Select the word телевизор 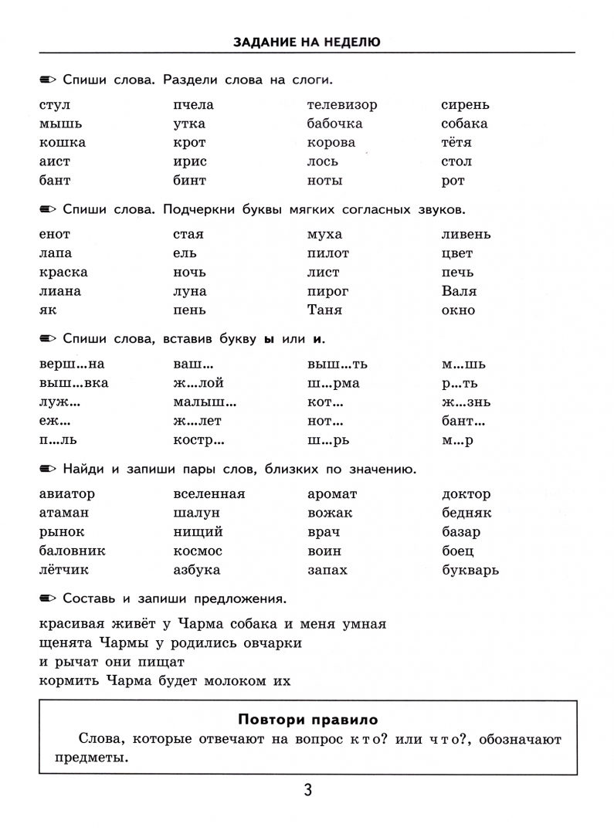pyautogui.click(x=342, y=105)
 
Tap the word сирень pyautogui.click(x=465, y=105)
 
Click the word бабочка pyautogui.click(x=334, y=124)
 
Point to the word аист pyautogui.click(x=54, y=161)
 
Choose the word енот pyautogui.click(x=54, y=235)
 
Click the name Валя pyautogui.click(x=459, y=291)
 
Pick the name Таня pyautogui.click(x=324, y=310)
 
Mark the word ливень pyautogui.click(x=466, y=235)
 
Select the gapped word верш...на pyautogui.click(x=71, y=364)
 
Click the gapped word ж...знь pyautogui.click(x=466, y=402)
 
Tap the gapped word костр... pyautogui.click(x=199, y=440)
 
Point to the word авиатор pyautogui.click(x=66, y=494)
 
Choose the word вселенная pyautogui.click(x=209, y=494)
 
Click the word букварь pyautogui.click(x=470, y=571)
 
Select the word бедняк pyautogui.click(x=466, y=514)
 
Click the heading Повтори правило pyautogui.click(x=307, y=720)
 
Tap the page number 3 pyautogui.click(x=307, y=790)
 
